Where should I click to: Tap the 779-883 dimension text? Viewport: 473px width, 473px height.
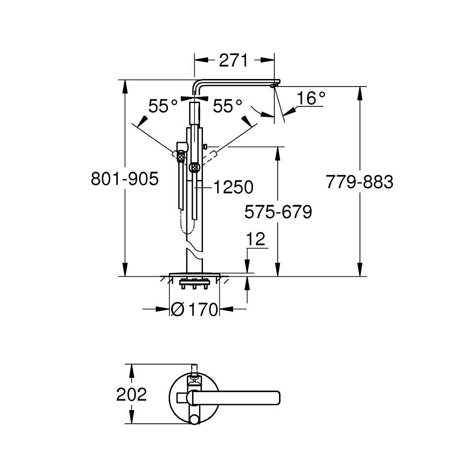(359, 182)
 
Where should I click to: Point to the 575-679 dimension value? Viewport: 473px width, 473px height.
(278, 211)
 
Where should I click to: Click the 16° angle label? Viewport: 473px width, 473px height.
(311, 98)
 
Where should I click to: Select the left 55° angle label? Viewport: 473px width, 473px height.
(163, 106)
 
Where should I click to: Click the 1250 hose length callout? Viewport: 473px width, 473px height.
(233, 187)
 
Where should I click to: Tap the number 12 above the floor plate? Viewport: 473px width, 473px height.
(255, 239)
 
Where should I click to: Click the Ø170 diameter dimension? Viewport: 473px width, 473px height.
(194, 310)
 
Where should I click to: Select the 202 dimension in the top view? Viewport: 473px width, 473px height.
(131, 394)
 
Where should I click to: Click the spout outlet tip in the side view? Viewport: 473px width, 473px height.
(274, 86)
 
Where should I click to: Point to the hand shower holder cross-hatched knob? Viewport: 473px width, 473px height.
(193, 167)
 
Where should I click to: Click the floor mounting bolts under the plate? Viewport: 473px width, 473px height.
(194, 286)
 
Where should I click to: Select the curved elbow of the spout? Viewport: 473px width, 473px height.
(198, 86)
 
